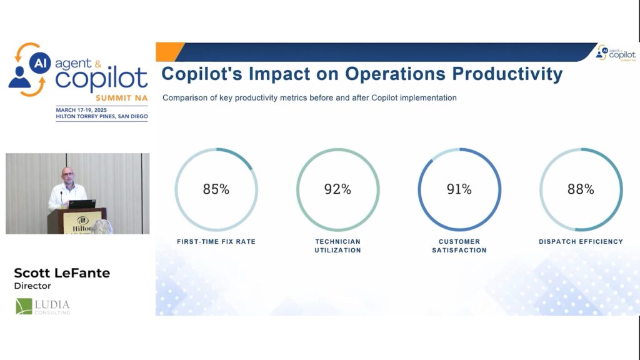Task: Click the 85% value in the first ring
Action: pos(216,189)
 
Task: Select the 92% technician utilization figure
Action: pos(337,189)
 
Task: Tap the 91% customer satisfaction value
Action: pos(459,189)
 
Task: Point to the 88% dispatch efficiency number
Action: pos(581,189)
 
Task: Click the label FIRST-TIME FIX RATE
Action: pos(216,241)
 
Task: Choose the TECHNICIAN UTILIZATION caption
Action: pos(337,246)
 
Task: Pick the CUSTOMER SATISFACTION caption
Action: pos(459,246)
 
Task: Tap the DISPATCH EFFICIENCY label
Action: pos(581,241)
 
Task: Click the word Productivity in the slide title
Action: pos(507,74)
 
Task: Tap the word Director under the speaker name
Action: pos(32,286)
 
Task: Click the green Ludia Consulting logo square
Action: pos(24,306)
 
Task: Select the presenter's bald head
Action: pos(67,173)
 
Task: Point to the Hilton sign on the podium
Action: pos(82,224)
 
